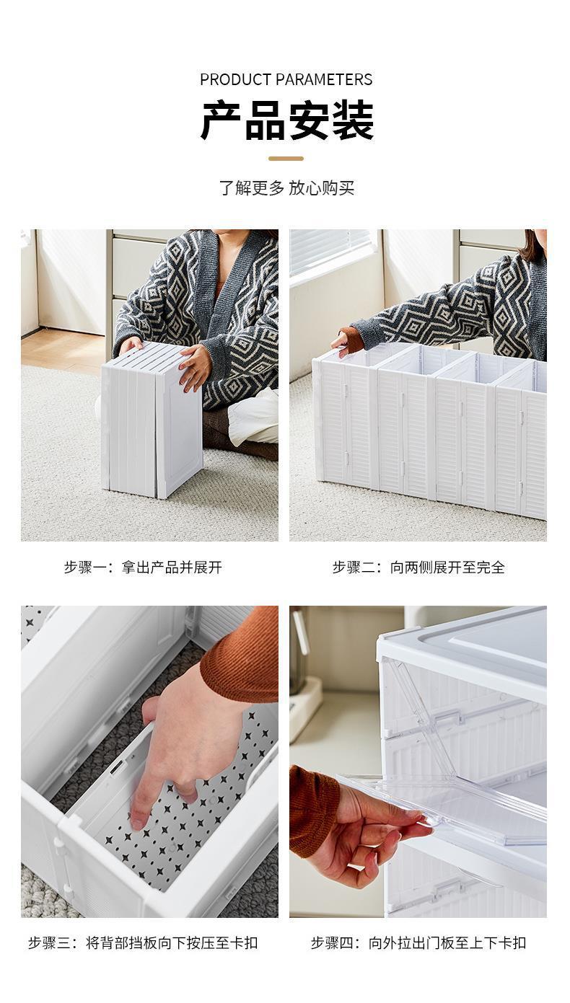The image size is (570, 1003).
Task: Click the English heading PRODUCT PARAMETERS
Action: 286,79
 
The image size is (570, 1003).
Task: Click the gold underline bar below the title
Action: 286,159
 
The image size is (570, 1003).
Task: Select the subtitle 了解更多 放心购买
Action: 286,187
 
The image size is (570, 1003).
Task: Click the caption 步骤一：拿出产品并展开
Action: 144,567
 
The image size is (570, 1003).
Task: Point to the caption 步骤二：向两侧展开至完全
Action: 418,567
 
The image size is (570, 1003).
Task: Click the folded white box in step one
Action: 152,420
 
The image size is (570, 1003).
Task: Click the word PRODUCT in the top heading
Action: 234,79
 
